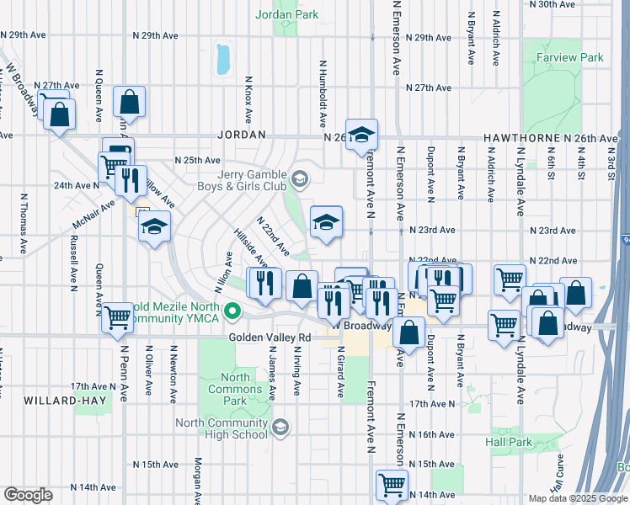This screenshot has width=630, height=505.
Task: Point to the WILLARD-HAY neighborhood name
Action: coord(66,401)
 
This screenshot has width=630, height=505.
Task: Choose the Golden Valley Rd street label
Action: coord(270,338)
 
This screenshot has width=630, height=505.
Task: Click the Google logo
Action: coord(28,495)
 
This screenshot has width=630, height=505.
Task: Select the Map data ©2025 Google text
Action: coord(578,498)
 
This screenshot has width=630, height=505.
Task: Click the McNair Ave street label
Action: coord(94,215)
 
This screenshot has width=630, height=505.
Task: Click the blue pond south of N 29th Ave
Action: coord(222,58)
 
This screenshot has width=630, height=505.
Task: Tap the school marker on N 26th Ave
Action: coord(361,135)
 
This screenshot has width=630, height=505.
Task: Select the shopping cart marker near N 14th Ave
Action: coord(392,483)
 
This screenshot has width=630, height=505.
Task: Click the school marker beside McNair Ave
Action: coord(154,227)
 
